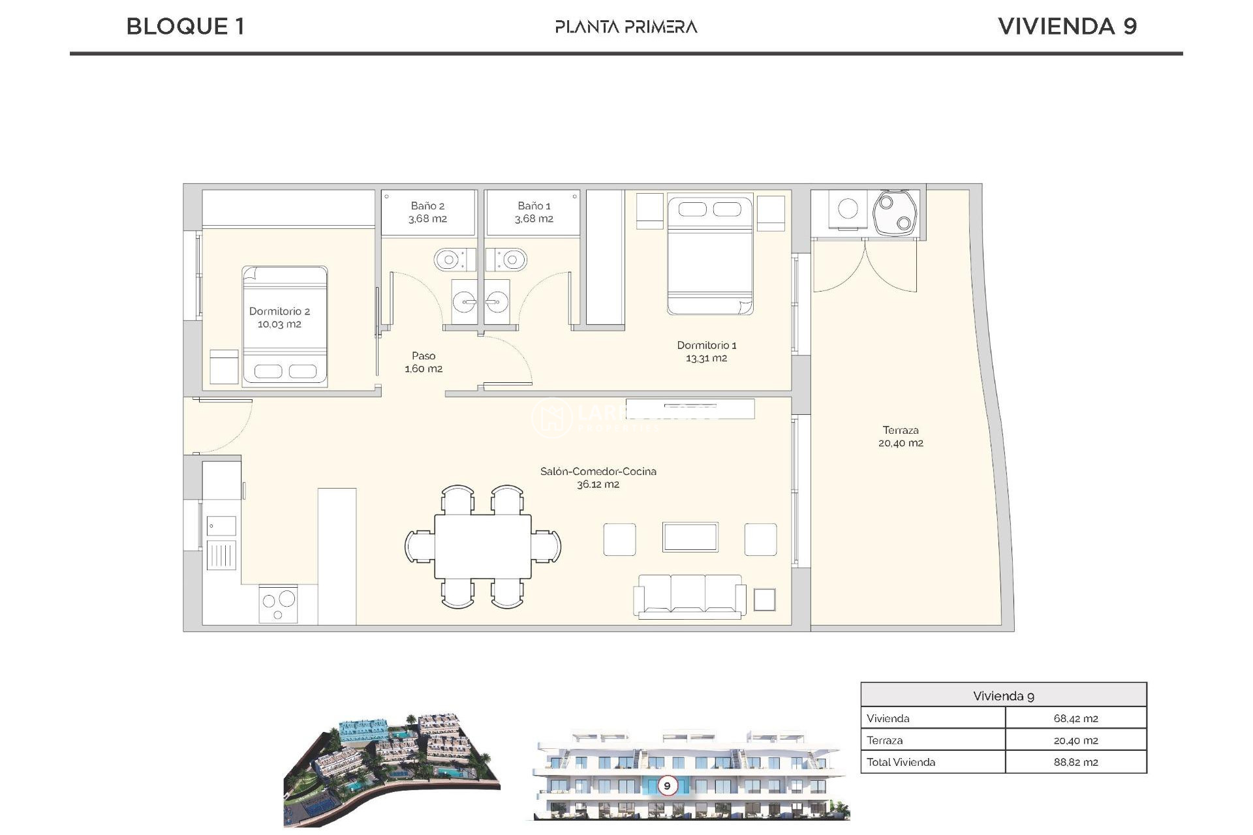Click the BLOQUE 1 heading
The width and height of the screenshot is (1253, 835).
click(185, 26)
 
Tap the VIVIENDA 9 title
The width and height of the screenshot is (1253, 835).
click(1067, 26)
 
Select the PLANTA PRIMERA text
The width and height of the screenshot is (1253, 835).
click(626, 27)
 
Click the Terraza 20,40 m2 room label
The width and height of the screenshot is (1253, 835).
click(901, 436)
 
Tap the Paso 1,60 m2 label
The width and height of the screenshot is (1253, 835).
click(424, 362)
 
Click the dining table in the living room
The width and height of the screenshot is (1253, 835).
click(483, 546)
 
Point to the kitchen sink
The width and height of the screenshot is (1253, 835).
click(221, 526)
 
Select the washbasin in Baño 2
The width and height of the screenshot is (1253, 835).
click(464, 302)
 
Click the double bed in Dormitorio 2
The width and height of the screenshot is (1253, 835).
click(285, 326)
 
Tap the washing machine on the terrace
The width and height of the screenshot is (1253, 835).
click(848, 209)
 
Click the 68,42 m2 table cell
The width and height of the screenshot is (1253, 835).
click(1075, 718)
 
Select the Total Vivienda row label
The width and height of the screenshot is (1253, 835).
click(901, 762)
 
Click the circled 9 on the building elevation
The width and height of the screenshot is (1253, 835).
click(667, 785)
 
